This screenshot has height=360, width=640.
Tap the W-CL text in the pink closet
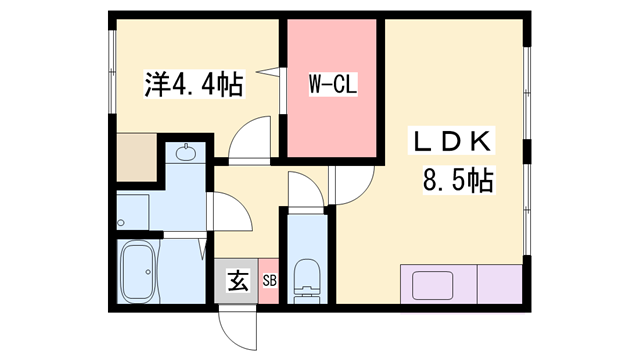pyautogui.click(x=331, y=86)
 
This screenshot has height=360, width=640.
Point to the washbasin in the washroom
pyautogui.click(x=186, y=154)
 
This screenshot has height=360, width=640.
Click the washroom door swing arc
pyautogui.click(x=228, y=210)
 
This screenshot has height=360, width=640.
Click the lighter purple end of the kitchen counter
pyautogui.click(x=499, y=283)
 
